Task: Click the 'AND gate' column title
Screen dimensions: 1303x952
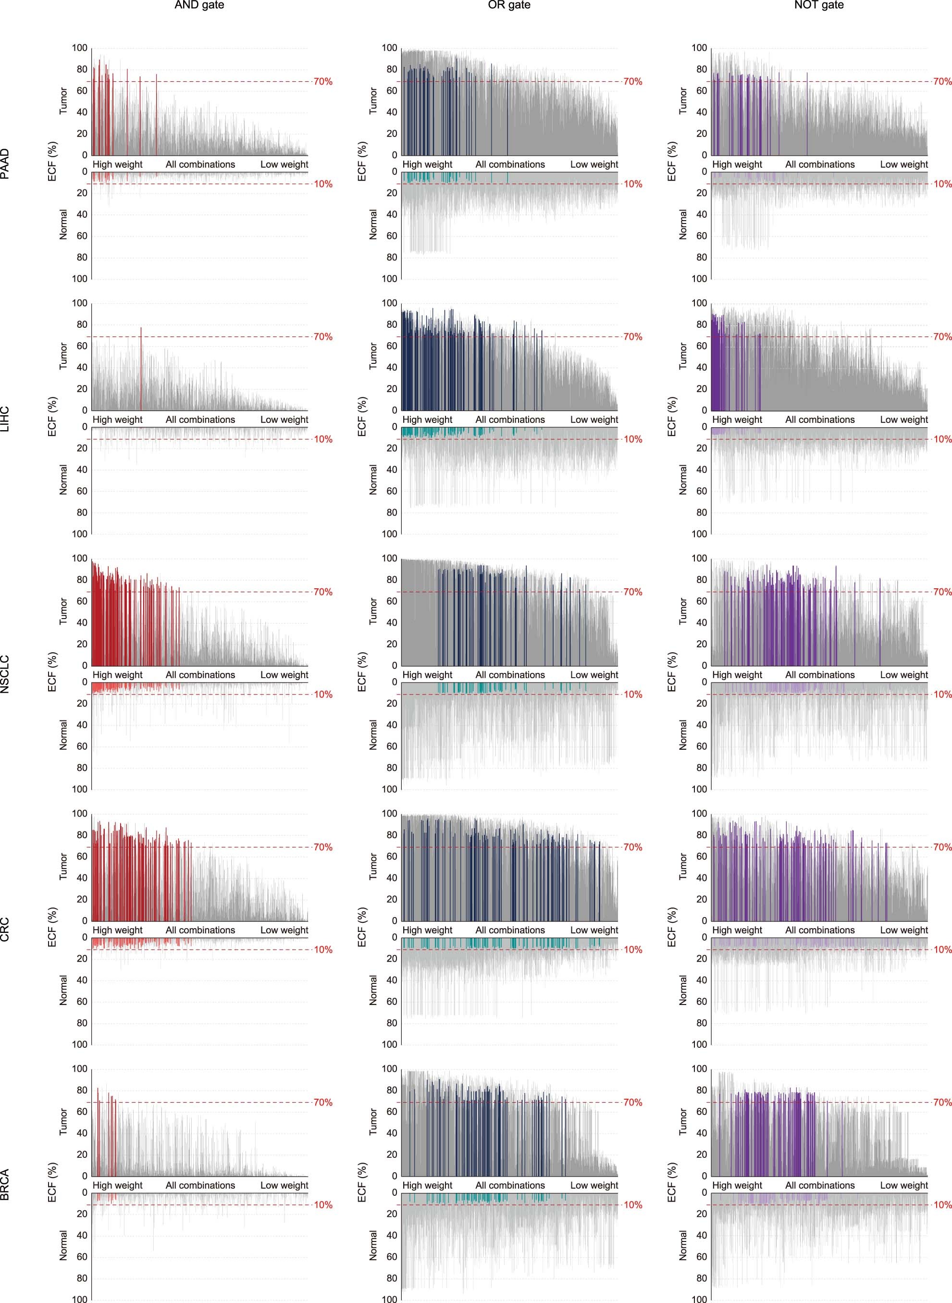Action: pyautogui.click(x=199, y=5)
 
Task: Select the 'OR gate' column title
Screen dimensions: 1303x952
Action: pyautogui.click(x=509, y=5)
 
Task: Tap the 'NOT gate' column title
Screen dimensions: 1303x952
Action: pyautogui.click(x=818, y=5)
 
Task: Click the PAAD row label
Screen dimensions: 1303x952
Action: pyautogui.click(x=5, y=164)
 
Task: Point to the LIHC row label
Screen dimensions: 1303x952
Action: pyautogui.click(x=5, y=419)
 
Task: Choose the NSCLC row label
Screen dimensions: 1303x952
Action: pyautogui.click(x=5, y=674)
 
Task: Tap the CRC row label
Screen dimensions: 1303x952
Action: pyautogui.click(x=5, y=930)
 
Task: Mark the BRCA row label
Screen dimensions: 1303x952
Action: pyautogui.click(x=5, y=1185)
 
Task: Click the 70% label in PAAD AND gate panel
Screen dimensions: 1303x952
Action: pyautogui.click(x=323, y=82)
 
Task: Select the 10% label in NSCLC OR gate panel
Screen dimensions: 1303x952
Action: pyautogui.click(x=633, y=695)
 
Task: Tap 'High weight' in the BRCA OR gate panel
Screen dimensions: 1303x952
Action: pyautogui.click(x=427, y=1185)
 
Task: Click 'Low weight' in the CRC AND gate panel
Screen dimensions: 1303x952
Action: pyautogui.click(x=284, y=930)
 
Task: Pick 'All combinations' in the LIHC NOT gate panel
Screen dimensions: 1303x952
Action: pyautogui.click(x=819, y=420)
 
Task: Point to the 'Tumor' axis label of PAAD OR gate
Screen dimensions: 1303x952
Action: pyautogui.click(x=373, y=100)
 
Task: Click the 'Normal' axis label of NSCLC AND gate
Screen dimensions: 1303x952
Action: pyautogui.click(x=63, y=735)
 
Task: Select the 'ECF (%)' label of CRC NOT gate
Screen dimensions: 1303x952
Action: pyautogui.click(x=671, y=927)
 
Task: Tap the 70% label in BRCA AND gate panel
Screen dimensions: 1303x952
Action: pyautogui.click(x=323, y=1103)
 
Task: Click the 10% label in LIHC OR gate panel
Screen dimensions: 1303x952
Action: pyautogui.click(x=633, y=439)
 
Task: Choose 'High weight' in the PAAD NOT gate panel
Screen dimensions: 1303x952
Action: pyautogui.click(x=737, y=164)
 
